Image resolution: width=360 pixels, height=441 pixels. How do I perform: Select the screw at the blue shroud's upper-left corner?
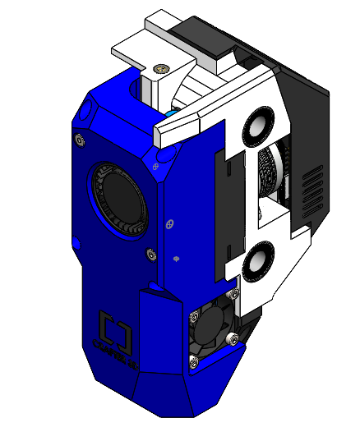79,140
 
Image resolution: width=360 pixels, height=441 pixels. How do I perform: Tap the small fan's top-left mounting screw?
194,312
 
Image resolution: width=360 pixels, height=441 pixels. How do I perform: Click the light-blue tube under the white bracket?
170,112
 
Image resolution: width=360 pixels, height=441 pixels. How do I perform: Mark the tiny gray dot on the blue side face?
177,259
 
